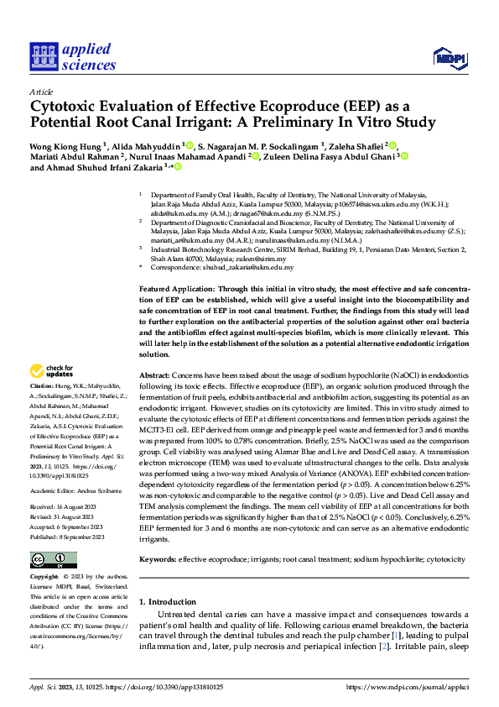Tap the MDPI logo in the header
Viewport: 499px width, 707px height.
click(449, 57)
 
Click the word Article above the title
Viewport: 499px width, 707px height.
click(41, 92)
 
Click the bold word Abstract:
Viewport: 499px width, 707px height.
click(155, 375)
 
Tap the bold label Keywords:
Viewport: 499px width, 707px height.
click(158, 558)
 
